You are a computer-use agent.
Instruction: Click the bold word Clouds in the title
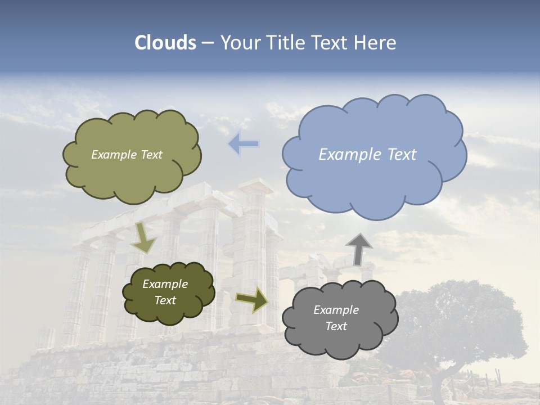(x=165, y=43)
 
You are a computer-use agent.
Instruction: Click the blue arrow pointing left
(x=244, y=143)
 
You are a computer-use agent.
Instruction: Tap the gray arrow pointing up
(x=359, y=248)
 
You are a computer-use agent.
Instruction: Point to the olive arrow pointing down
(x=144, y=238)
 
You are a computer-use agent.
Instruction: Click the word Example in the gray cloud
(x=336, y=310)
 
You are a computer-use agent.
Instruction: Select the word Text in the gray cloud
(x=336, y=326)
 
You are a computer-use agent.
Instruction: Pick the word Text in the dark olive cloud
(x=165, y=300)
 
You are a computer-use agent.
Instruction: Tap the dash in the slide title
(x=207, y=43)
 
